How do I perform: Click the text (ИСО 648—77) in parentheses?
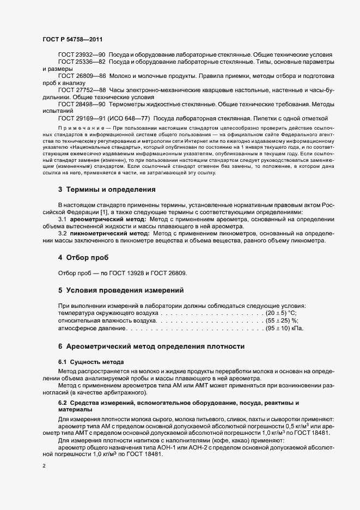(130, 118)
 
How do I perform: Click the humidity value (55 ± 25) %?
(282, 322)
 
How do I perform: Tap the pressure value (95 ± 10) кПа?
(283, 329)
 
